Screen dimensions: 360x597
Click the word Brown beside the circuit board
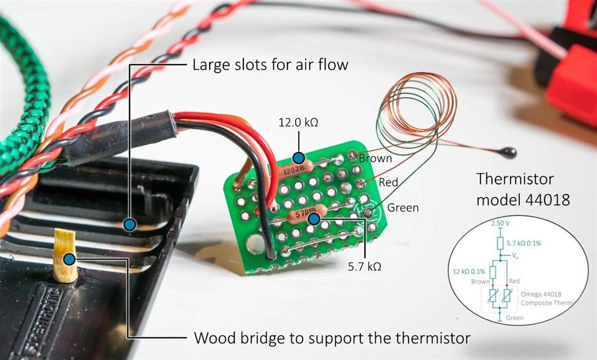375,158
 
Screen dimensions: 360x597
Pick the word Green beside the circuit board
403,207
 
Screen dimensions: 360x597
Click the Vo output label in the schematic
515,255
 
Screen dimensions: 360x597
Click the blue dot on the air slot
129,224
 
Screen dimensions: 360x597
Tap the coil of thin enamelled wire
414,106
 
